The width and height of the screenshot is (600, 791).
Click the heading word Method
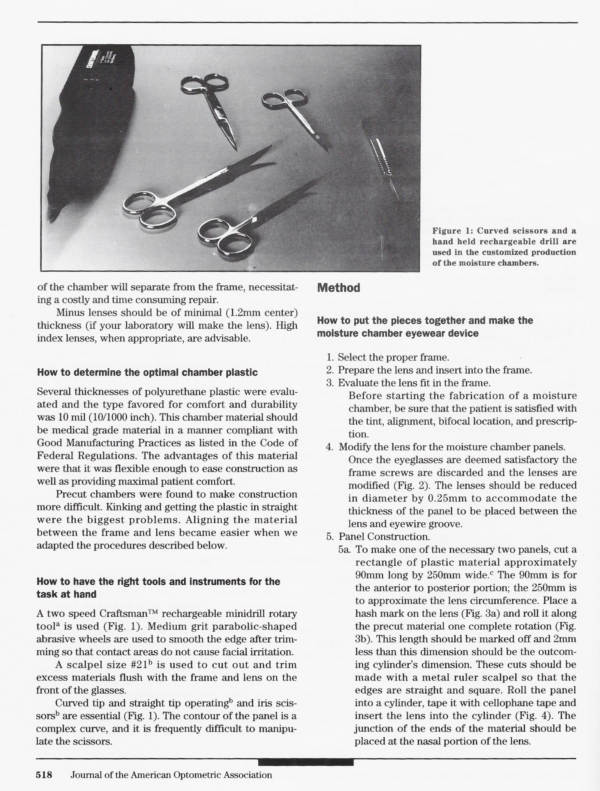[x=339, y=288]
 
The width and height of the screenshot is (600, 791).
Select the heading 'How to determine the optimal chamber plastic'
[x=147, y=372]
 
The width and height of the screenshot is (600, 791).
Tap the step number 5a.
[x=345, y=550]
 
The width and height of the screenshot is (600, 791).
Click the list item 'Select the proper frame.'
[x=393, y=357]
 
